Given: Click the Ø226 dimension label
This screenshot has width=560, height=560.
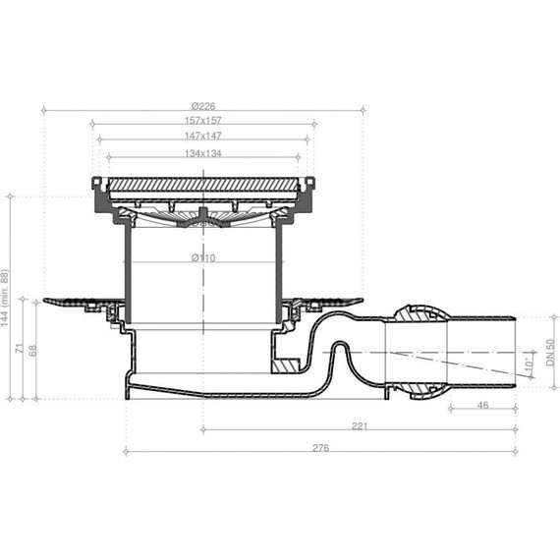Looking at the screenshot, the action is (203, 106).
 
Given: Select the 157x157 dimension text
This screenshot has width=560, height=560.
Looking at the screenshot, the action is (203, 121).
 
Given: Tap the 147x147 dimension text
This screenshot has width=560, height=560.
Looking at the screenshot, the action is (203, 136).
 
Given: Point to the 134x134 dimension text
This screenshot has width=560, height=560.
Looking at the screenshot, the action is (203, 153).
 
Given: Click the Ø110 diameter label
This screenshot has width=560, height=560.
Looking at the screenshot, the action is (203, 257).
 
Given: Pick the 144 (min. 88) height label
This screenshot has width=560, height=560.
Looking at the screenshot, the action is (5, 298).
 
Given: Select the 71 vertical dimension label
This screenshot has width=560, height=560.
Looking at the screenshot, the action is (20, 348).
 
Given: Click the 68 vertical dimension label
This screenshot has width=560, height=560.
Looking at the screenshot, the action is (32, 351).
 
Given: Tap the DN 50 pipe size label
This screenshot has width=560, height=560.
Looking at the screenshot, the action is (550, 352).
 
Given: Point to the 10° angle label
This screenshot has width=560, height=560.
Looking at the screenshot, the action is (529, 364).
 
